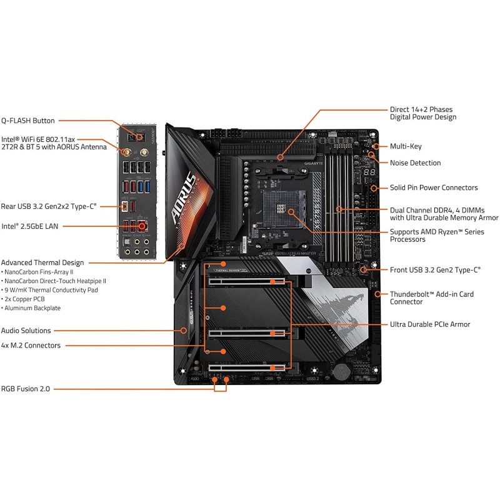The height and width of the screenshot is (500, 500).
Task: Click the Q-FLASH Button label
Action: pyautogui.click(x=28, y=121)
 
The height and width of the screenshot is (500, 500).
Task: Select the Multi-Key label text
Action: pyautogui.click(x=406, y=146)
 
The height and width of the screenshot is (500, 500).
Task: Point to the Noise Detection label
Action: pyautogui.click(x=415, y=162)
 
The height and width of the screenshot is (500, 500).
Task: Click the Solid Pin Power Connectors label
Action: pyautogui.click(x=434, y=187)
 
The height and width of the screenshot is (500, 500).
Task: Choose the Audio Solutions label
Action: pyautogui.click(x=26, y=331)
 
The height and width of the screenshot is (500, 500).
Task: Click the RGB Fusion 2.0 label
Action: pyautogui.click(x=26, y=389)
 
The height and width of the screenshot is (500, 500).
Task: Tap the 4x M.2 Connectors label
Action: pyautogui.click(x=31, y=345)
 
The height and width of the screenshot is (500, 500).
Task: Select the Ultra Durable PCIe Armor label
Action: pyautogui.click(x=430, y=324)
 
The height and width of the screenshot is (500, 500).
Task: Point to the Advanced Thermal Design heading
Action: pyautogui.click(x=42, y=262)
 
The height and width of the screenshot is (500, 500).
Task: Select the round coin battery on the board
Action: pyautogui.click(x=341, y=371)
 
